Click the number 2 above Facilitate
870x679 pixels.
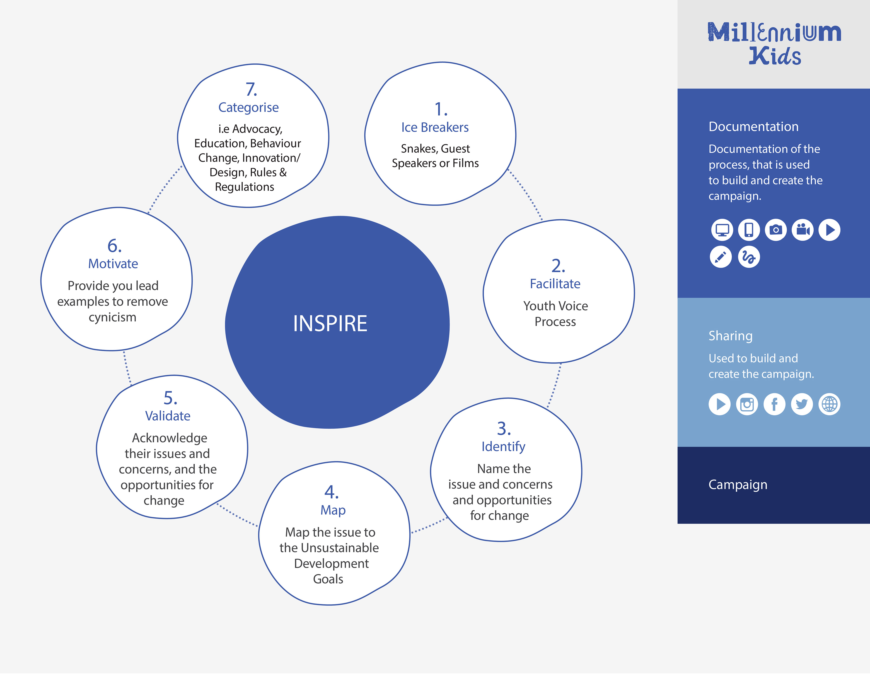point(558,265)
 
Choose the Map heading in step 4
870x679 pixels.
point(333,510)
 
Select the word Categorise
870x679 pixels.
point(249,108)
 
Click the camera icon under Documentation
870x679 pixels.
point(776,230)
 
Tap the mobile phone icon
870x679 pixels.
point(749,230)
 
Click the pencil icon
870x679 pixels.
point(721,257)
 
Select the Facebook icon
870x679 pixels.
point(774,405)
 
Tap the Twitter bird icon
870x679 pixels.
point(802,405)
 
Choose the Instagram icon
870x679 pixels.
point(747,405)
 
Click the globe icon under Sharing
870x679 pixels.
point(829,405)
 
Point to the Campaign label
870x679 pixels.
point(738,485)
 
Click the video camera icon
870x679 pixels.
point(803,230)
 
